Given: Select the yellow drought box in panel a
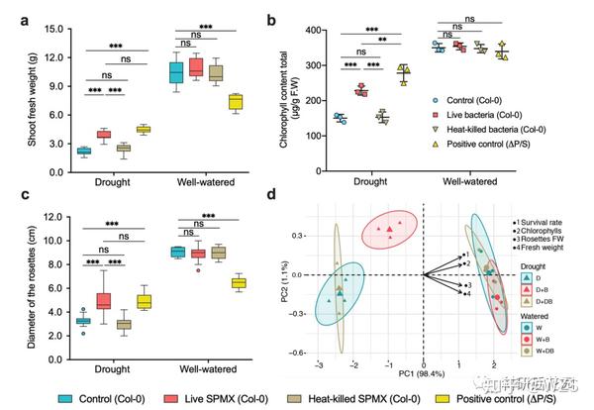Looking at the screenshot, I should tap(143, 129).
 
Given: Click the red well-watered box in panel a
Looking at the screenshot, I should tap(196, 66).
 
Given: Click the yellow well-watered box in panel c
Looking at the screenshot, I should tap(238, 283).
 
